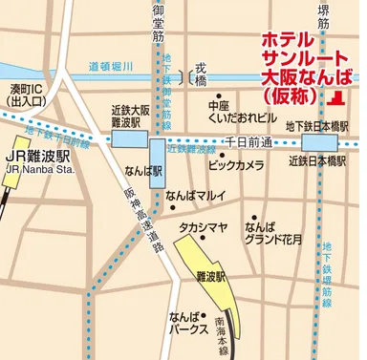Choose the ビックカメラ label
(x=235, y=165)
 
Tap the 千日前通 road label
(x=248, y=141)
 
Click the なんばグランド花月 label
(x=272, y=234)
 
